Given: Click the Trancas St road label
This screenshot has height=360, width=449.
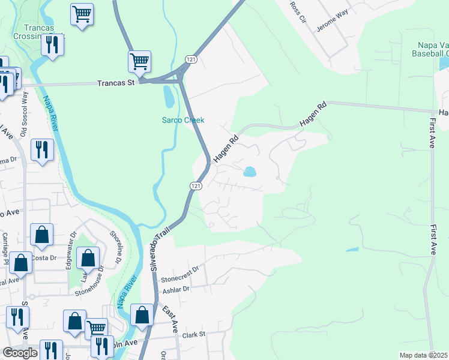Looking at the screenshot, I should coord(116,83).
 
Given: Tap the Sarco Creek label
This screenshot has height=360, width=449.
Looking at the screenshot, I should coord(183,120).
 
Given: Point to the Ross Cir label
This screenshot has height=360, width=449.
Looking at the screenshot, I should coord(298,10).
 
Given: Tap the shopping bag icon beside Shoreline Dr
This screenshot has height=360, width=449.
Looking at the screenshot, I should coord(88,257).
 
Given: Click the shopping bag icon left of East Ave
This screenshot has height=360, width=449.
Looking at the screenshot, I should coord(142,314).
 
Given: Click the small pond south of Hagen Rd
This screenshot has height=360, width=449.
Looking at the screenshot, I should coord(249,172).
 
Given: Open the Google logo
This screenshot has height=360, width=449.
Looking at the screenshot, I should coord(20,353).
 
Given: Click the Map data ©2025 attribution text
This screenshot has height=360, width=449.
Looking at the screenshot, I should coord(423,355).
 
